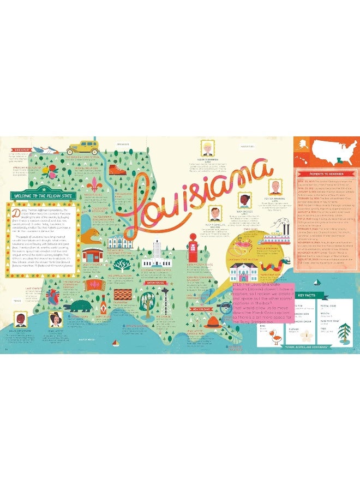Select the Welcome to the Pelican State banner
click(42, 195)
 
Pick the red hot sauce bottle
click(103, 301)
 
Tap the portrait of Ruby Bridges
click(245, 200)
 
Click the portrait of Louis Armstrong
click(20, 320)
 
